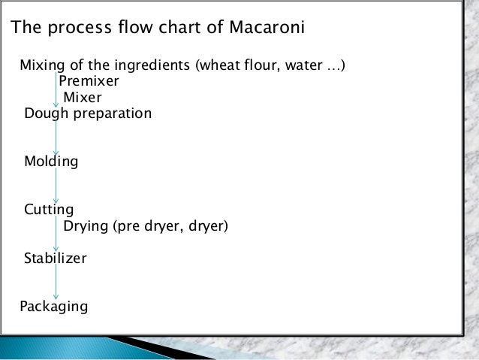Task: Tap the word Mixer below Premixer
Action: click(83, 97)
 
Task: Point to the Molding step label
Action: click(51, 162)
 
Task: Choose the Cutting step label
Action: click(49, 209)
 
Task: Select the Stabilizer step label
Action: click(56, 259)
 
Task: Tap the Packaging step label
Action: click(54, 306)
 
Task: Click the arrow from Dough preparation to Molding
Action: click(56, 138)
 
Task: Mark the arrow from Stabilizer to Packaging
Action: click(56, 283)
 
